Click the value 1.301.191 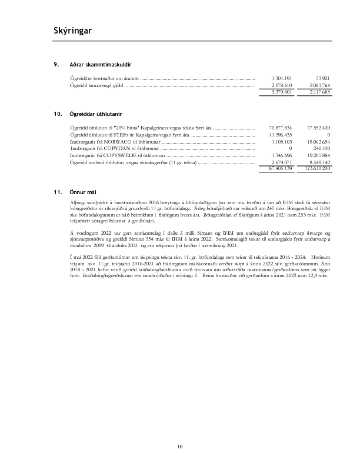click(280, 78)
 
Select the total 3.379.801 click(280, 92)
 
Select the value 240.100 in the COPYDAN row click(321, 149)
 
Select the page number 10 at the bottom click(180, 448)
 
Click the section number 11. click(56, 192)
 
